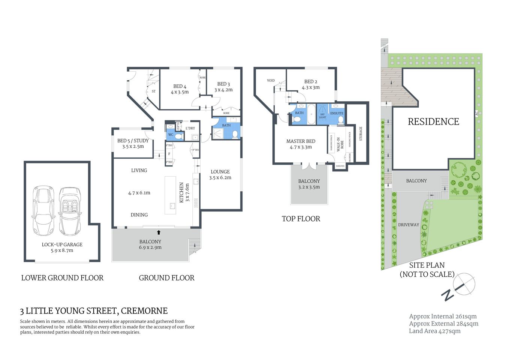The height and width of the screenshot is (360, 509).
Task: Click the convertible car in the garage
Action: (70, 211)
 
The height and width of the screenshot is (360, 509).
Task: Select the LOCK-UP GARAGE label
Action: (62, 244)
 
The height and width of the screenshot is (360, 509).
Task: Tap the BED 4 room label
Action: (180, 86)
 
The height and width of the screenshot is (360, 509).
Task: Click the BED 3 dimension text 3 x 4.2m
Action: (223, 90)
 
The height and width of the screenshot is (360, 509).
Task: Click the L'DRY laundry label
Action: (190, 128)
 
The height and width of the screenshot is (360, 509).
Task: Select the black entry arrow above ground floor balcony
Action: (159, 232)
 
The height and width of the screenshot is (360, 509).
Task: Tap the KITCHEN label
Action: (182, 192)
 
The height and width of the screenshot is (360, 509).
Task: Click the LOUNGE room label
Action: (220, 172)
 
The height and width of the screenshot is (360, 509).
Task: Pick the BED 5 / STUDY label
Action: (133, 141)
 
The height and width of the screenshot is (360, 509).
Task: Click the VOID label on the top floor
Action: (271, 81)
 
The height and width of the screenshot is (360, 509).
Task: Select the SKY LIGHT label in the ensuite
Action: (322, 116)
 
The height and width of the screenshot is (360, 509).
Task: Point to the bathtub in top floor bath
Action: (311, 115)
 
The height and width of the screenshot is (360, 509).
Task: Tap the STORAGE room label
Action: (361, 133)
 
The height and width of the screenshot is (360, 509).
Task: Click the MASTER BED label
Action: (301, 141)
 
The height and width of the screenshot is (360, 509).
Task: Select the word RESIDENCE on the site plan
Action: (433, 122)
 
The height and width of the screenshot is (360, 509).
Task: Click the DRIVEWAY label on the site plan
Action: (409, 225)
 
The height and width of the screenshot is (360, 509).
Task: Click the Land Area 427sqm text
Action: (434, 331)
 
